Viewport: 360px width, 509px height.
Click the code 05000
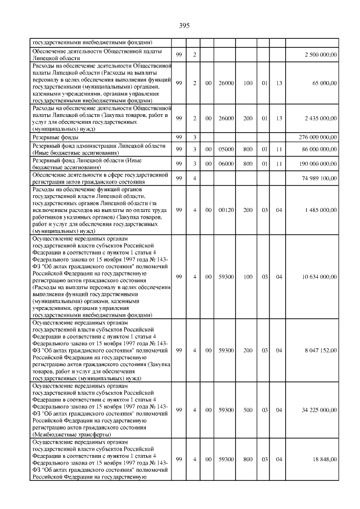[226, 148]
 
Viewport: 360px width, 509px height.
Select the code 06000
[226, 164]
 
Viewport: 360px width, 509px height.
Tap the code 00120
[226, 210]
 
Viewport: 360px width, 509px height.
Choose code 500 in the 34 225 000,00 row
[247, 411]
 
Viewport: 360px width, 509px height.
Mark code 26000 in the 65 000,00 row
[226, 83]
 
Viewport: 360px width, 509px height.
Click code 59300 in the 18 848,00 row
[226, 460]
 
